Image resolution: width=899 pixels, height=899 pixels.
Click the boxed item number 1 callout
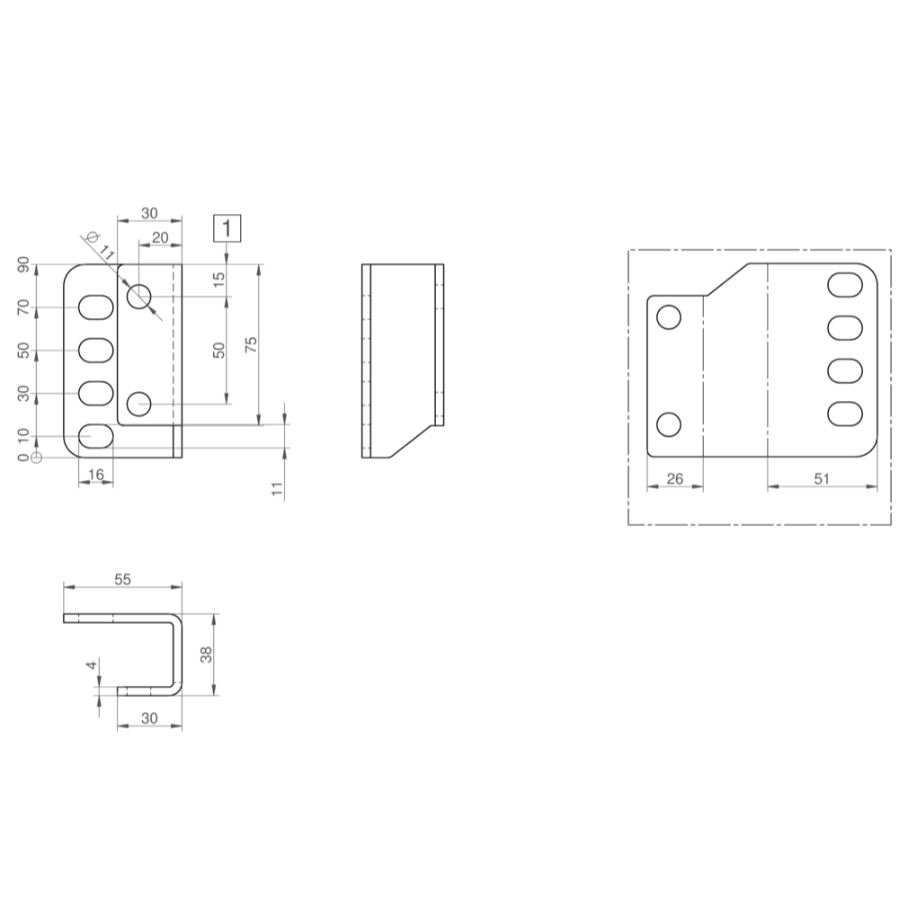227,228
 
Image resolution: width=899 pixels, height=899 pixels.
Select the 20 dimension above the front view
159,236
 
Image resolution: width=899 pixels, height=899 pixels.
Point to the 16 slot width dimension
95,474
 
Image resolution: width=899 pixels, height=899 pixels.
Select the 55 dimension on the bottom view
122,580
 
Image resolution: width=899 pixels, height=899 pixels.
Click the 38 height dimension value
207,654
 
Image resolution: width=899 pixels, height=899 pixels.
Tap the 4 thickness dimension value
91,665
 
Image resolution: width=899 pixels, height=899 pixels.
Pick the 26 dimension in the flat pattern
674,479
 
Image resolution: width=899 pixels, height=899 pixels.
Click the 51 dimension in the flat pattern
821,479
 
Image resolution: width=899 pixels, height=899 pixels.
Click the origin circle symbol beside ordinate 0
36,458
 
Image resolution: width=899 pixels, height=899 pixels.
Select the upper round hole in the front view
139,297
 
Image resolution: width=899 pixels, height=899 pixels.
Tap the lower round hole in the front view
138,404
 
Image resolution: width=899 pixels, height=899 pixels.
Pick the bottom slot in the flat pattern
845,414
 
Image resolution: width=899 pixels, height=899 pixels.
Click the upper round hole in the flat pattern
669,316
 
